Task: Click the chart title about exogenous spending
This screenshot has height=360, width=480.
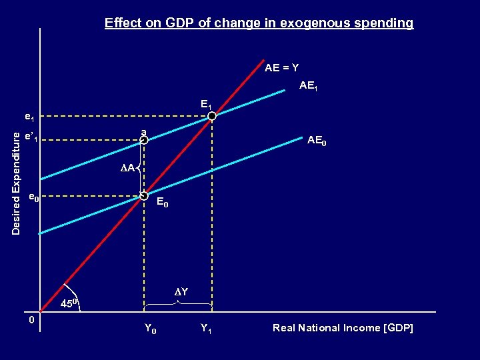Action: click(x=259, y=23)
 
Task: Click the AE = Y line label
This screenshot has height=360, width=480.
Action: click(x=281, y=68)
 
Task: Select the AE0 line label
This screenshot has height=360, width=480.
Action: click(x=317, y=141)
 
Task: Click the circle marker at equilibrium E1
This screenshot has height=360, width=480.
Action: click(x=212, y=117)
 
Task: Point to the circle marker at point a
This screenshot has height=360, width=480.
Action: click(x=143, y=140)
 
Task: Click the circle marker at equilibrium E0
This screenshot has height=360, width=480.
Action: click(x=143, y=196)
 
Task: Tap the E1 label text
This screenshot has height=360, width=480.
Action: click(x=206, y=104)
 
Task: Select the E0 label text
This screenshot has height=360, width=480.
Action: click(x=162, y=203)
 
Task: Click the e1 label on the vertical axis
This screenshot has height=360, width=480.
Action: click(x=29, y=117)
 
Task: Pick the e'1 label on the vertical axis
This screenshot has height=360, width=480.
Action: click(x=31, y=138)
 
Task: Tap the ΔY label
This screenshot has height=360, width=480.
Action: click(x=181, y=292)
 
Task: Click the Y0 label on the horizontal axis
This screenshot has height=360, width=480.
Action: click(x=151, y=328)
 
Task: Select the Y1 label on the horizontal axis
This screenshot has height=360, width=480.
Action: click(x=206, y=328)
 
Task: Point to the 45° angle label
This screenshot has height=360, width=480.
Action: click(x=70, y=304)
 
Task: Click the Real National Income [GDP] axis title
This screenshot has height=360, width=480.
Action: click(x=343, y=328)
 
